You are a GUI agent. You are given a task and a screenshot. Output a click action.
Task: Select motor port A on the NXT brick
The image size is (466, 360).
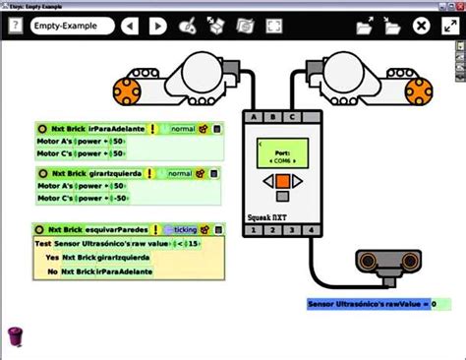point(255,116)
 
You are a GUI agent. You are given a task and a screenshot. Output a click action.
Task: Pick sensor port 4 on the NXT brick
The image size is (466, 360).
point(310,230)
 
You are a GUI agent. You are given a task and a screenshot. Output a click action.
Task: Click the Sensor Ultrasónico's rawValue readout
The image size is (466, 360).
point(369,305)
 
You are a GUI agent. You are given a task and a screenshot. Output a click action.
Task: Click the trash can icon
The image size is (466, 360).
point(15,335)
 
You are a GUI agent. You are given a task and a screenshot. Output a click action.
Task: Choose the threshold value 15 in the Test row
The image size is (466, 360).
point(195,243)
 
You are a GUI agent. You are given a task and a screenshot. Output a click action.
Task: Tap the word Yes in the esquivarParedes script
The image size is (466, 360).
point(51,257)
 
